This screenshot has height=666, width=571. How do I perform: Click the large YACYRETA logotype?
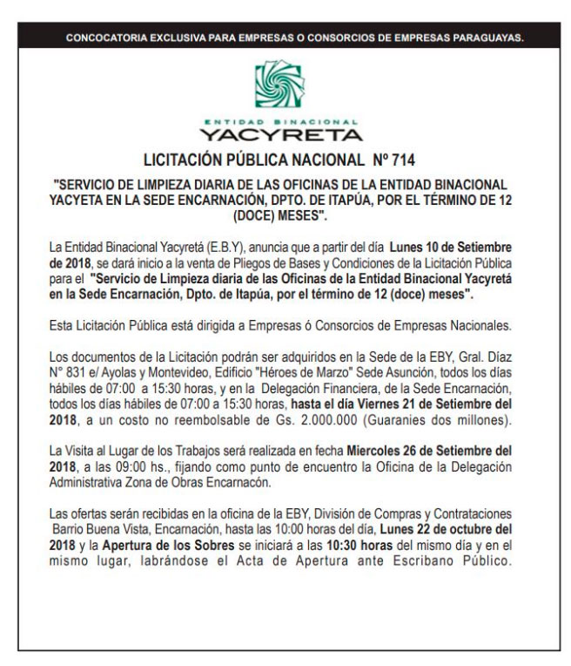coord(280,134)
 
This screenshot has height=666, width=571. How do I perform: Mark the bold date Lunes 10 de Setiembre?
coord(453,248)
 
